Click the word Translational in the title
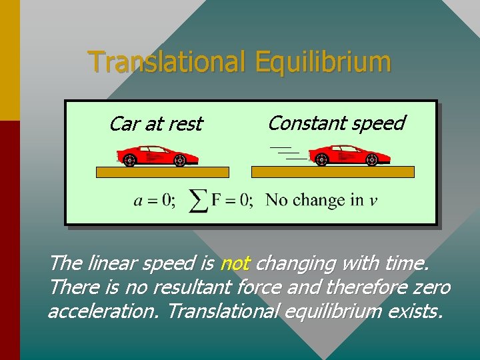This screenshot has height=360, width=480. click(x=167, y=62)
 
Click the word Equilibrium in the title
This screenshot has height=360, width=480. click(x=321, y=62)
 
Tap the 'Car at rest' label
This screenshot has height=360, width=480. click(x=155, y=124)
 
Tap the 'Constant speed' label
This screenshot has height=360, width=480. click(x=336, y=123)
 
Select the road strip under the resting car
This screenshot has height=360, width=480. click(x=163, y=172)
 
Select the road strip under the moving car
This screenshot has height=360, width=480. click(x=333, y=172)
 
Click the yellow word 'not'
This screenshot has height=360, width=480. click(x=234, y=264)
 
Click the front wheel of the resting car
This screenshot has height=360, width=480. click(x=180, y=160)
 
